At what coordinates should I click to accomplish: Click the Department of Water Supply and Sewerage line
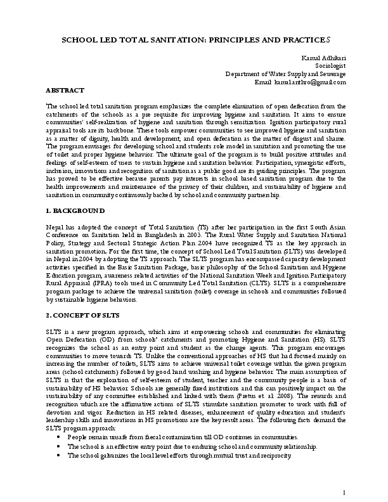pos(286,74)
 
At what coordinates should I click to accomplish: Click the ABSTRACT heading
pos(65,91)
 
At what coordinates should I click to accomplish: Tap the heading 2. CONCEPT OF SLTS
pos(83,315)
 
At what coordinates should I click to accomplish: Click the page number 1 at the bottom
pos(343,492)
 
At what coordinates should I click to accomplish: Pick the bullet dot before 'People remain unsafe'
pos(60,437)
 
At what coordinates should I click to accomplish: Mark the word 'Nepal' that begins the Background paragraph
pos(55,226)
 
